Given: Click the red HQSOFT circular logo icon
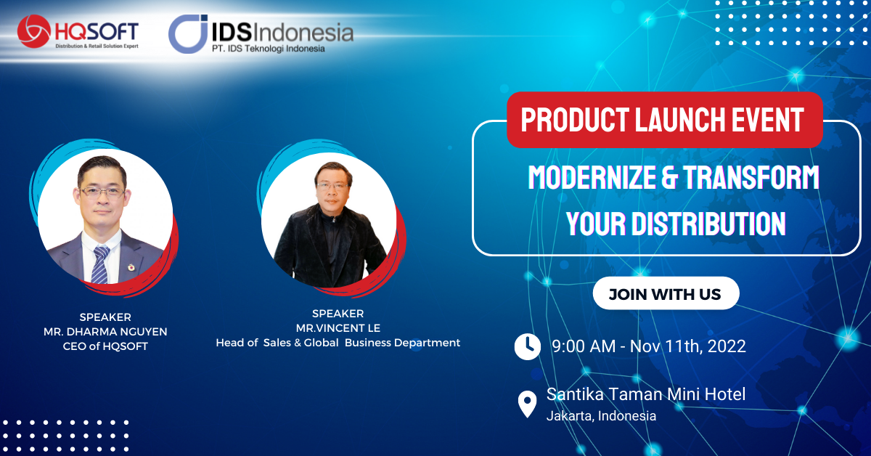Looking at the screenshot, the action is (34, 31).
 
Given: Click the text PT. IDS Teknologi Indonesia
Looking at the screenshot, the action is (269, 49).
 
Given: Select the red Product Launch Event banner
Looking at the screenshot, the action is (665, 120).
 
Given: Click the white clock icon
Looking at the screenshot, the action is (527, 346).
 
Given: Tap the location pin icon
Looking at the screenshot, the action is (527, 404).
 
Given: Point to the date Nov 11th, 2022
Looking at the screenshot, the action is (688, 346).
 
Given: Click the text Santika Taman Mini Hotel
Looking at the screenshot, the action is (646, 394).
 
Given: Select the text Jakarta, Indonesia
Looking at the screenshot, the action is (601, 416).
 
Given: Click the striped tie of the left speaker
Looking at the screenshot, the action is (100, 264).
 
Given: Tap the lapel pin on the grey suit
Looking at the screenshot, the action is (131, 267).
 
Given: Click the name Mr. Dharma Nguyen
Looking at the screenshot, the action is (105, 332).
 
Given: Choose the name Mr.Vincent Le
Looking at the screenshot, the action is (338, 328).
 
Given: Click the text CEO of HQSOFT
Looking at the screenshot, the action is (105, 346).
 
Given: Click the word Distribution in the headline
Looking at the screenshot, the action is (708, 224).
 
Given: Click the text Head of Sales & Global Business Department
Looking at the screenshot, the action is (338, 343).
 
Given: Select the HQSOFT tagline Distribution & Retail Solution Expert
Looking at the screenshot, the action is (97, 46).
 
